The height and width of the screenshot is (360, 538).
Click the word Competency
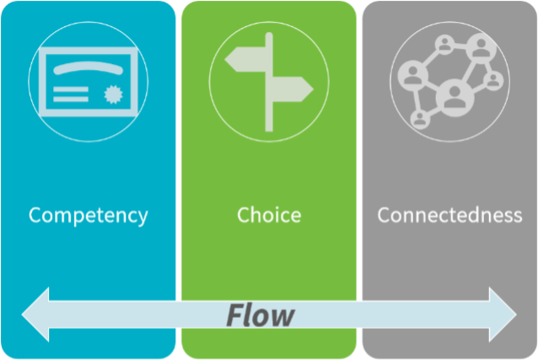coord(88,215)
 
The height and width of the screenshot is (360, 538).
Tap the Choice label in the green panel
coord(269,215)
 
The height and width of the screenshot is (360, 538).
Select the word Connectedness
coord(449,215)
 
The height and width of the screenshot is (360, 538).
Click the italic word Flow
coord(261,314)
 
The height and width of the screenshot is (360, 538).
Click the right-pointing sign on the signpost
coord(291,88)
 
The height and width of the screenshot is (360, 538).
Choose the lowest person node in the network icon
coord(421,119)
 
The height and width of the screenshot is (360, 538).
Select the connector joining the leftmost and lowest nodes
coord(416,99)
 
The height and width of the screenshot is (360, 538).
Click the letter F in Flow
coord(234,314)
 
